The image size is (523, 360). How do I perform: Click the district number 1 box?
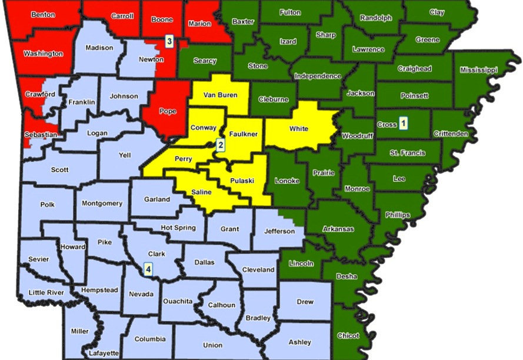click(x=404, y=124)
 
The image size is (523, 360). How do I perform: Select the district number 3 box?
click(x=169, y=41)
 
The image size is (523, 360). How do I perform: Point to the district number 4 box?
click(x=148, y=269)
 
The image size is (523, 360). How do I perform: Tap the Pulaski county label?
click(x=242, y=181)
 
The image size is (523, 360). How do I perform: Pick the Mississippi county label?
click(x=479, y=70)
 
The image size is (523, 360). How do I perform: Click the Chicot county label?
click(x=348, y=336)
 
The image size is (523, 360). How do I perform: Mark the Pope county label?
click(x=168, y=111)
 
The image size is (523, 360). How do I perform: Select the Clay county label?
click(x=437, y=12)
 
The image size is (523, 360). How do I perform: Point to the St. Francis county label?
click(x=407, y=153)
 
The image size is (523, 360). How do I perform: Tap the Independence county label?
click(x=318, y=76)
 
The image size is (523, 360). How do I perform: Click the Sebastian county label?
click(x=41, y=135)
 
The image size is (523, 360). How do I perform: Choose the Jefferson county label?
click(x=279, y=231)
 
